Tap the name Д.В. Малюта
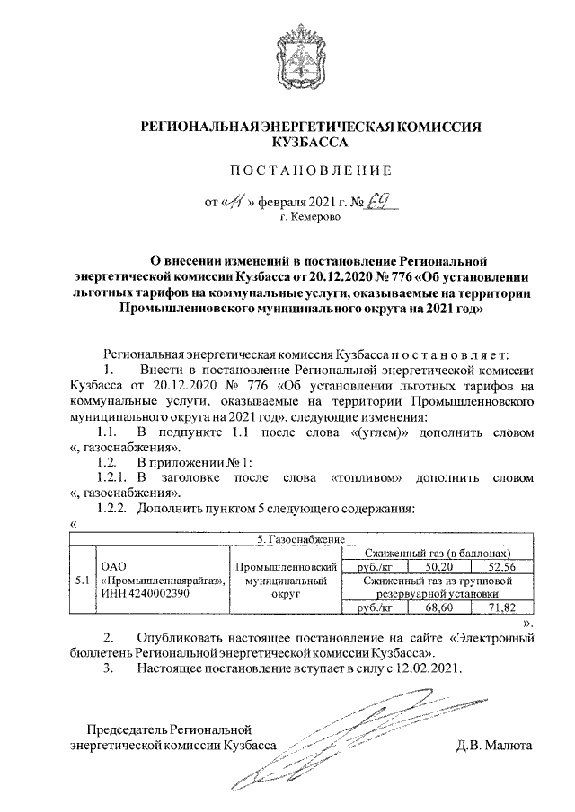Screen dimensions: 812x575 pyautogui.click(x=495, y=745)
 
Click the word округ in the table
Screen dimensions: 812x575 pyautogui.click(x=286, y=594)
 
